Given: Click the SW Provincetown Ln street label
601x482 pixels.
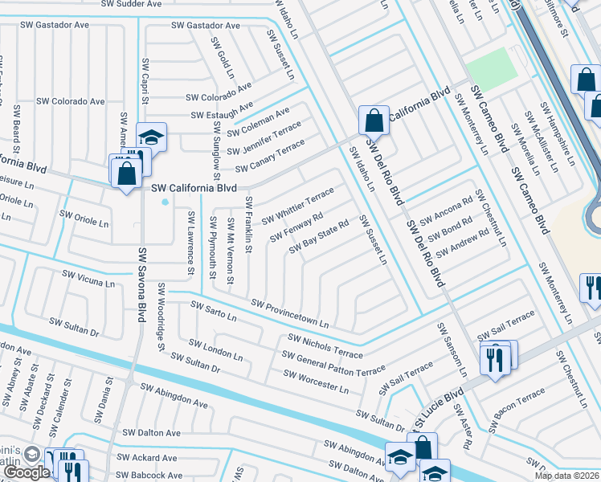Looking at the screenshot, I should tap(290, 315).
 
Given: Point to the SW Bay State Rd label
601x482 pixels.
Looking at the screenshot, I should tap(320, 235).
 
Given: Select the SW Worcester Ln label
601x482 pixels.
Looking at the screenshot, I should tap(316, 382).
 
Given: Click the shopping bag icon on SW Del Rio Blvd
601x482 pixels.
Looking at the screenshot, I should tap(374, 122).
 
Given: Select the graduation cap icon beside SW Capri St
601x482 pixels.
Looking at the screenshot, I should tap(150, 137).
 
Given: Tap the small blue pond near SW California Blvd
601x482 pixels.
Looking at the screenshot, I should tap(165, 202).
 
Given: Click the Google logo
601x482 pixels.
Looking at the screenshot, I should tap(25, 472).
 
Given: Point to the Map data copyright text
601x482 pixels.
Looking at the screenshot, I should tap(566, 476).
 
